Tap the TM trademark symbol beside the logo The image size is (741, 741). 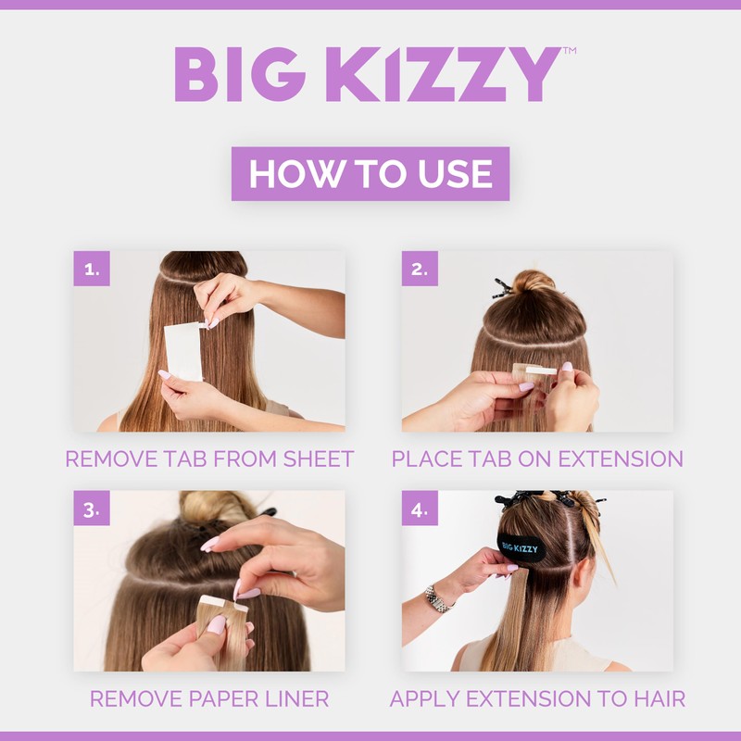[x=570, y=52]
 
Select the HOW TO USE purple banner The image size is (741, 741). [x=370, y=174]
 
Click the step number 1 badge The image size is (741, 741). [x=92, y=269]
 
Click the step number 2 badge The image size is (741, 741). [x=420, y=269]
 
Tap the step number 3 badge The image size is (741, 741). [x=92, y=509]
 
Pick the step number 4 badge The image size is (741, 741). [x=420, y=509]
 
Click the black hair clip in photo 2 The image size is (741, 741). [x=501, y=288]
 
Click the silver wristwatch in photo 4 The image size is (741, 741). [x=437, y=597]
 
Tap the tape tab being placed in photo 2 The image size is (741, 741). [x=535, y=371]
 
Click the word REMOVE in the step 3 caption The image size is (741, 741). [x=130, y=698]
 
